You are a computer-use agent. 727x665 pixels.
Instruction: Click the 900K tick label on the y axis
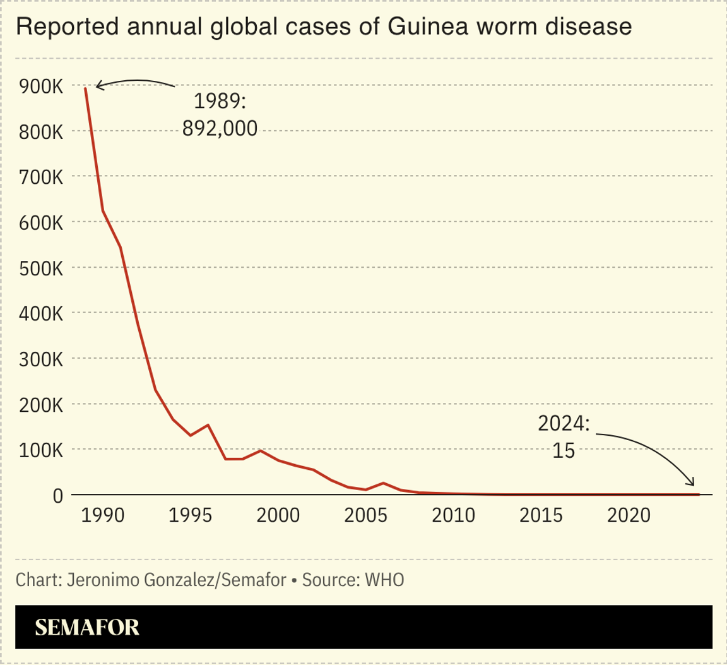[39, 87]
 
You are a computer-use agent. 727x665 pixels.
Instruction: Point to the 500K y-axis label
[39, 268]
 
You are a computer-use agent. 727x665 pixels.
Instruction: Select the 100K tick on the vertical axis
[39, 450]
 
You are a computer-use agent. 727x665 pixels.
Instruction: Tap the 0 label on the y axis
[57, 496]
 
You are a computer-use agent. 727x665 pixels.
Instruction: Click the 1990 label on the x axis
[103, 515]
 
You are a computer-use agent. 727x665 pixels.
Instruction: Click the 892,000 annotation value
[220, 129]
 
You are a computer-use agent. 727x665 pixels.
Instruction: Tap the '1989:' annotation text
[220, 102]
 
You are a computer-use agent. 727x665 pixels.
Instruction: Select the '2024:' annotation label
[564, 424]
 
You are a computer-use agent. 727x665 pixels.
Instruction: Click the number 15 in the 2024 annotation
[564, 451]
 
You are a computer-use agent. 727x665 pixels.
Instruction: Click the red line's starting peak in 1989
[85, 88]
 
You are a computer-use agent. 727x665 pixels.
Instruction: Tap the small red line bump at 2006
[383, 483]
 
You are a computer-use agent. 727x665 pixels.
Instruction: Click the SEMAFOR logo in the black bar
[87, 627]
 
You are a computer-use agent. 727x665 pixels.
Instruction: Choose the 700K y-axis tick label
[39, 177]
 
